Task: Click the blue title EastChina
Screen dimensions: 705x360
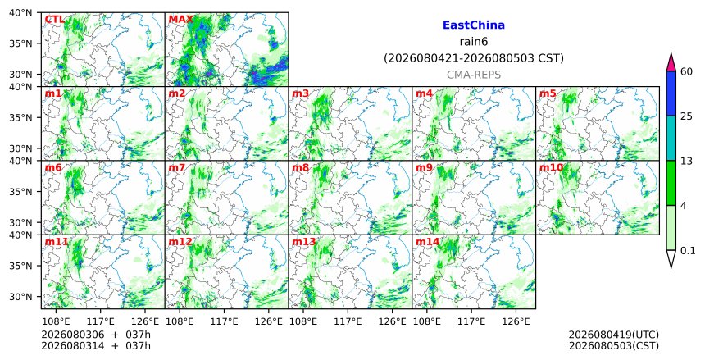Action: pos(474,25)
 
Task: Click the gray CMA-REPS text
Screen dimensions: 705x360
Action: pos(474,75)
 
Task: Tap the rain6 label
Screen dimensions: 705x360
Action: pos(474,42)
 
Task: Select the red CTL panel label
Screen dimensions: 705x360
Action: pos(54,20)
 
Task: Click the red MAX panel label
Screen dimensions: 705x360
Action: pos(180,20)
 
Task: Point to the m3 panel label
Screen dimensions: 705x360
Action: pos(300,93)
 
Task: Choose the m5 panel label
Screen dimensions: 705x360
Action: pos(548,93)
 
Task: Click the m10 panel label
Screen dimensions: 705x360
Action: pos(551,168)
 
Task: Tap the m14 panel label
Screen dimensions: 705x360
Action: pos(427,242)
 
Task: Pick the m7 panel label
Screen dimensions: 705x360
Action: pos(177,168)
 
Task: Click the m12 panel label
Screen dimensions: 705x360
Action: pos(180,242)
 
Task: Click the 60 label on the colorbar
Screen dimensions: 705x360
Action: pos(686,71)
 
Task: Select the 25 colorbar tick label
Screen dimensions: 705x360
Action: pos(686,116)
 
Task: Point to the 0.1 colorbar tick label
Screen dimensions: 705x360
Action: pos(688,251)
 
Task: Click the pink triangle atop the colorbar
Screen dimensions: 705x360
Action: pos(671,62)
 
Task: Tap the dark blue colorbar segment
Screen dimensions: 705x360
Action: pos(671,93)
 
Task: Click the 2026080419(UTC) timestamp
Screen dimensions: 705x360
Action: pos(614,335)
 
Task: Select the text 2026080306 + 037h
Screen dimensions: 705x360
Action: pos(96,335)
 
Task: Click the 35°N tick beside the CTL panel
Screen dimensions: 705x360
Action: pos(20,43)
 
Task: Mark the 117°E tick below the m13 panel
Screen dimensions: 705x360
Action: pos(348,321)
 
